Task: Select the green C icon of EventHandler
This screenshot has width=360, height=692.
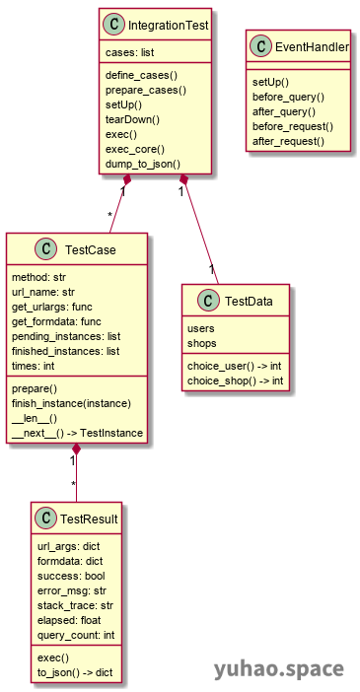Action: (261, 46)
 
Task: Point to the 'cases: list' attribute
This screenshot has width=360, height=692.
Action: (130, 51)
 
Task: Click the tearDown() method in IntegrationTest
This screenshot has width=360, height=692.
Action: (133, 118)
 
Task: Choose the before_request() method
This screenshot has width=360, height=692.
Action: (293, 126)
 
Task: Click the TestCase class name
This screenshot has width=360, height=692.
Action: (90, 250)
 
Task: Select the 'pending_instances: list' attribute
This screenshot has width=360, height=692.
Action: (65, 336)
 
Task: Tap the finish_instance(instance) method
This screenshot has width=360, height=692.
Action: (71, 403)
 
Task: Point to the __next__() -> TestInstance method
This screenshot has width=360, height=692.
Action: (77, 433)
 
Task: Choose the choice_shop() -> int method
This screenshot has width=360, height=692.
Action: (235, 353)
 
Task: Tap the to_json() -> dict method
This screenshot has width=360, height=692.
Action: (76, 672)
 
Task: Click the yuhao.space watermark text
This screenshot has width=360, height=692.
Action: (279, 669)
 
